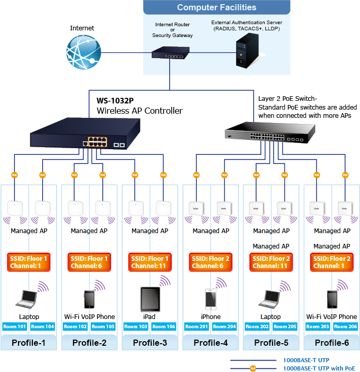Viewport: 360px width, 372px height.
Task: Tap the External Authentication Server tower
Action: point(244,51)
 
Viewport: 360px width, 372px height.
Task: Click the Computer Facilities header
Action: point(217,7)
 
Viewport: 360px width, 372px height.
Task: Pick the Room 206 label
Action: point(345,326)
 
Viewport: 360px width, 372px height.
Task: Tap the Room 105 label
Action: point(103,326)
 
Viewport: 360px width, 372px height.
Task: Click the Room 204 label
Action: point(224,326)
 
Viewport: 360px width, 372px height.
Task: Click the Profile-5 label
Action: point(271,343)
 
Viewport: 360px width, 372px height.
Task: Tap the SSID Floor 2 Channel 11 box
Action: point(271,262)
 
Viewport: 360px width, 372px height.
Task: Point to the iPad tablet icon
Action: point(150,298)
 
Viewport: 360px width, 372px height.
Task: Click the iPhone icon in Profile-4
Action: point(210,299)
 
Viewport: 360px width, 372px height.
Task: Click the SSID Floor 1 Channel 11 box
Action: point(150,262)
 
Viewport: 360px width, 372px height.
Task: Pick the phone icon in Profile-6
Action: point(332,299)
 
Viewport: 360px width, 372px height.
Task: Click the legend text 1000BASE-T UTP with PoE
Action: point(319,368)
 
